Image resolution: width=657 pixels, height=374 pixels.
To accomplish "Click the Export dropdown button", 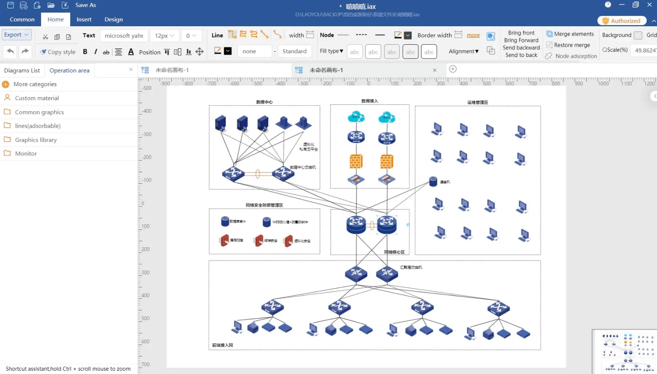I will click(16, 35).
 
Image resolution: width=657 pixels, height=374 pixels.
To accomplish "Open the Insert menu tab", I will click(84, 19).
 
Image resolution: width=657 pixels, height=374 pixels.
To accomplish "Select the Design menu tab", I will click(113, 19).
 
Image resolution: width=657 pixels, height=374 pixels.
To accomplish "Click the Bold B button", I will click(85, 52).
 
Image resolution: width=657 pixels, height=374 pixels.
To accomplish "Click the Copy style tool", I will click(57, 52).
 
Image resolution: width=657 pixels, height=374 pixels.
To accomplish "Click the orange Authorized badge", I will click(622, 21).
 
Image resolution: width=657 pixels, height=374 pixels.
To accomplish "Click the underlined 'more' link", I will click(473, 35).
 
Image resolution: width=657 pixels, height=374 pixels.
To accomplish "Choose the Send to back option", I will click(521, 55).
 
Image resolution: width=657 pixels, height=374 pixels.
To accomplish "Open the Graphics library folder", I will click(36, 140).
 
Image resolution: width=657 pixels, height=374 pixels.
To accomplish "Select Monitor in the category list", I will click(26, 153).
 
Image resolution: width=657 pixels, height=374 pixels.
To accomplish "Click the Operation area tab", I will click(69, 70).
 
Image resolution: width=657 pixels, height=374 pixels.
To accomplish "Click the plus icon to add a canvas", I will click(453, 69).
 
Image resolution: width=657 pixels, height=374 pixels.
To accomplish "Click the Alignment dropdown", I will click(464, 51).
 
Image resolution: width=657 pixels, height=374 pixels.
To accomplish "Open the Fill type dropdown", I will click(331, 51).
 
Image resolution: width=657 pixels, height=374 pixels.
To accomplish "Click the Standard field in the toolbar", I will click(294, 51).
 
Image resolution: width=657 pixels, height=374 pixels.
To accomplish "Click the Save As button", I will click(85, 5).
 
